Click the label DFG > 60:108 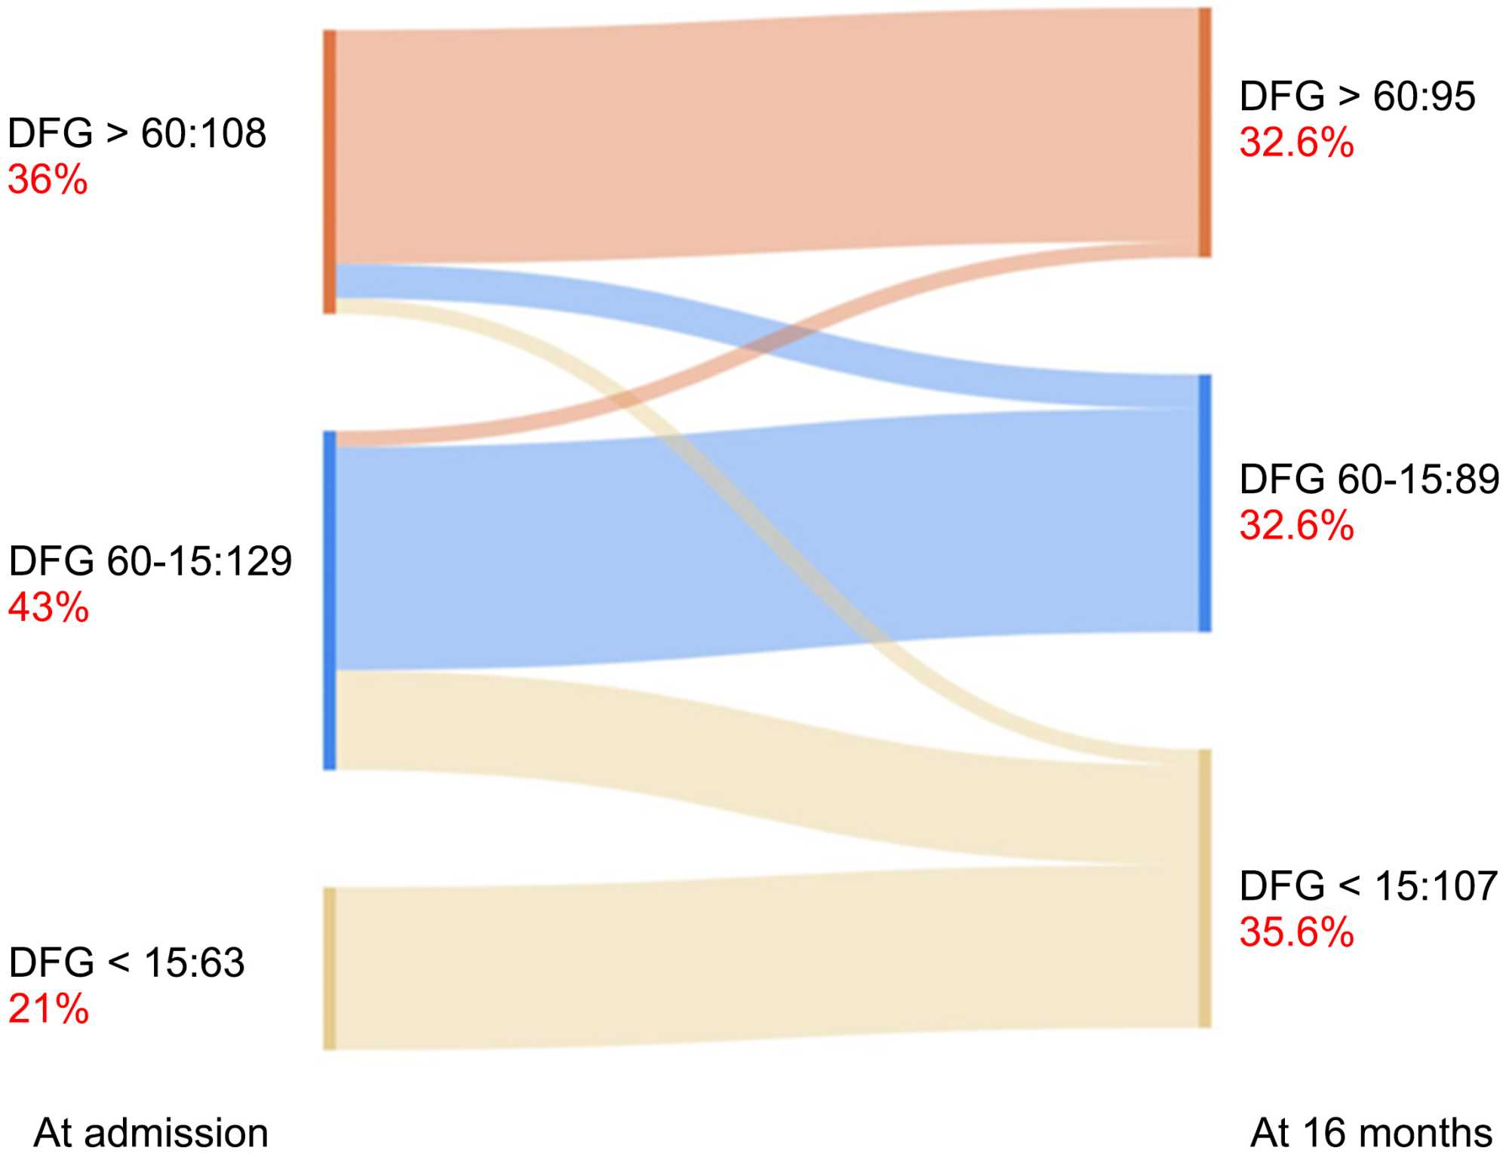pos(137,133)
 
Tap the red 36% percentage pos(48,180)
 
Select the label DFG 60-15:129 pos(150,561)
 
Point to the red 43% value pos(48,607)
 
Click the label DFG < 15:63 pos(127,962)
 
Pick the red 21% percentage pos(48,1008)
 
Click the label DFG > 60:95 pos(1357,97)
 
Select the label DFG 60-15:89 pos(1369,479)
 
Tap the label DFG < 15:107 pos(1368,885)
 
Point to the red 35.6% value pos(1296,932)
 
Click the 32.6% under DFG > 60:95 pos(1296,143)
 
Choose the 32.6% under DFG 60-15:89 pos(1296,526)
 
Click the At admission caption pos(151,1133)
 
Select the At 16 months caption pos(1371,1133)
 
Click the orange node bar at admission pos(330,172)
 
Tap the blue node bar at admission pos(330,600)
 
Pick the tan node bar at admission pos(330,968)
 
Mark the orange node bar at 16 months pos(1205,133)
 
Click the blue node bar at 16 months pos(1205,503)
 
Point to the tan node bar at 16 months pos(1205,888)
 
